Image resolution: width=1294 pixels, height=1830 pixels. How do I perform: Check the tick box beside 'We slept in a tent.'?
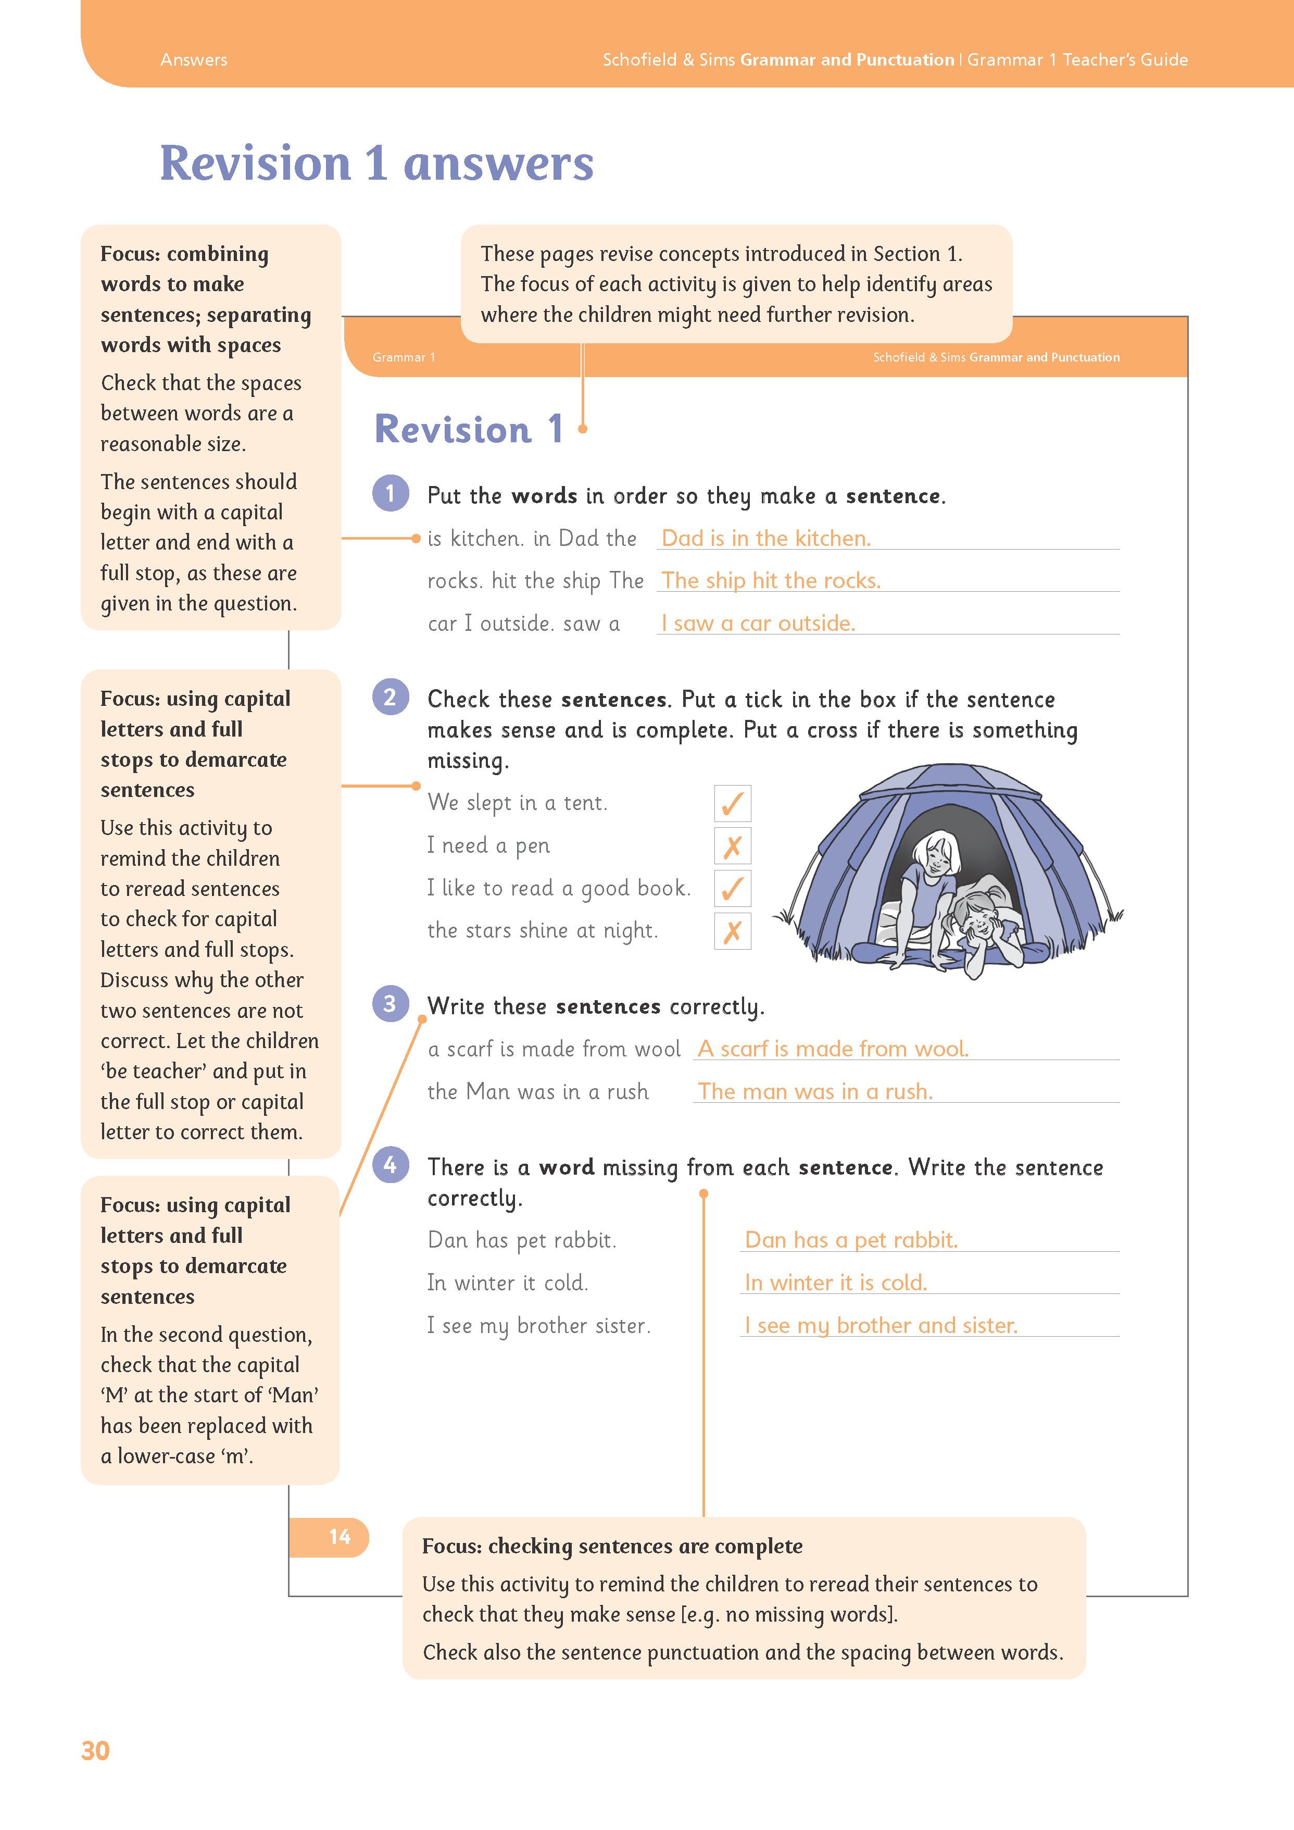732,803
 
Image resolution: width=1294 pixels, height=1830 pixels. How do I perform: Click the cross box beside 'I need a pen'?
732,845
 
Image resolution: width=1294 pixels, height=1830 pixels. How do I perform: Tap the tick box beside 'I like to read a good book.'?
732,888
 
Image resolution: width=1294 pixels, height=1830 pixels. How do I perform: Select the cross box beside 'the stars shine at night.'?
732,931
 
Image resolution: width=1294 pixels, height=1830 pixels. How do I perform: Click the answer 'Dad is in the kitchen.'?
765,539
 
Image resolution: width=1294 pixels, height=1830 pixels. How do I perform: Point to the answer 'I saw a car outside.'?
758,624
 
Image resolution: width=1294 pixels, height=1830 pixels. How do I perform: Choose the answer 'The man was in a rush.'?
815,1091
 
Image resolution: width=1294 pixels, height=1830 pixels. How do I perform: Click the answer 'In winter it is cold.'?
836,1283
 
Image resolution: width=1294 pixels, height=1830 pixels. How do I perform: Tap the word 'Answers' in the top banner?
194,60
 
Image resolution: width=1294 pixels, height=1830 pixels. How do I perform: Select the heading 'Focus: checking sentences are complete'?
612,1546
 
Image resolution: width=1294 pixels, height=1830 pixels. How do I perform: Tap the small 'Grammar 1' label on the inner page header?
403,357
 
